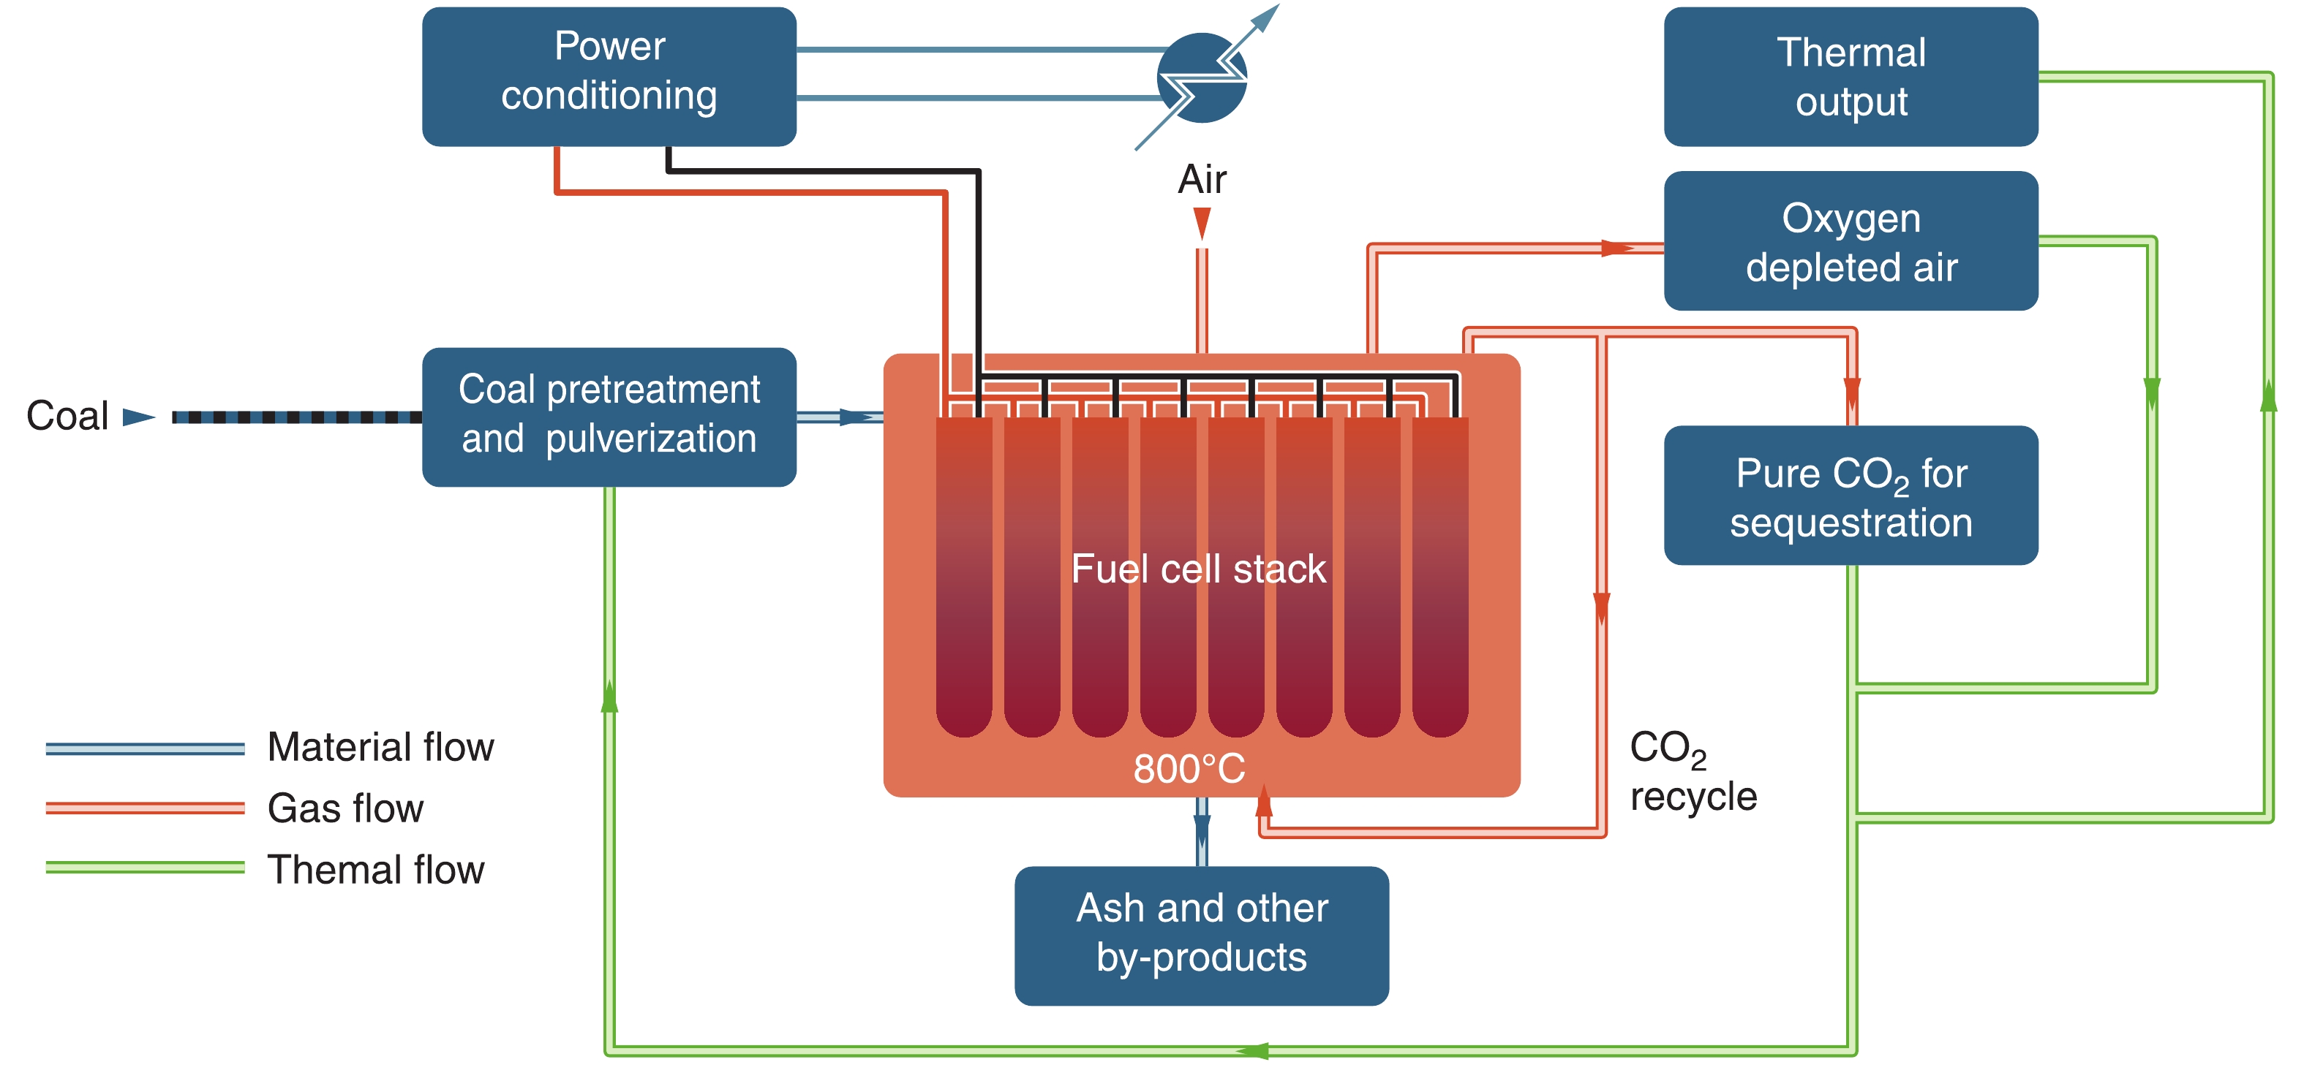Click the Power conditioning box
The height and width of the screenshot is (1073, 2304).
pos(609,76)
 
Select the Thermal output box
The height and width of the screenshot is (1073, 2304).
pos(1851,76)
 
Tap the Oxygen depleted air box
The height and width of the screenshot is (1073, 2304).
pos(1851,240)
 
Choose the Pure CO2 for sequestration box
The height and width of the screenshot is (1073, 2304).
pos(1851,496)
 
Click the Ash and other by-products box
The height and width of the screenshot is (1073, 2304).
pos(1201,934)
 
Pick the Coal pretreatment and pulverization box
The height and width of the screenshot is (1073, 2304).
pos(609,417)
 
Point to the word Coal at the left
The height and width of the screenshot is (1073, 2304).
pos(67,416)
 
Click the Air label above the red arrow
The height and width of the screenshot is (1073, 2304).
pos(1201,179)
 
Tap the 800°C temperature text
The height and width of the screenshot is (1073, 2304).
pos(1189,768)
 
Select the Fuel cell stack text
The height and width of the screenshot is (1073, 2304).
pos(1199,569)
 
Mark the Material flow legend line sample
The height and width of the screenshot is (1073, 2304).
pos(145,748)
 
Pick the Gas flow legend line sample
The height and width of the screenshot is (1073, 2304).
pos(145,808)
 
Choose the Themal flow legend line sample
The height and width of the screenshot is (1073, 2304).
pos(145,868)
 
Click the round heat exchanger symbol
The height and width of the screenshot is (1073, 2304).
pos(1201,77)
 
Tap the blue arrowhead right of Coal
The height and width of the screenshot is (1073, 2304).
pos(139,417)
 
